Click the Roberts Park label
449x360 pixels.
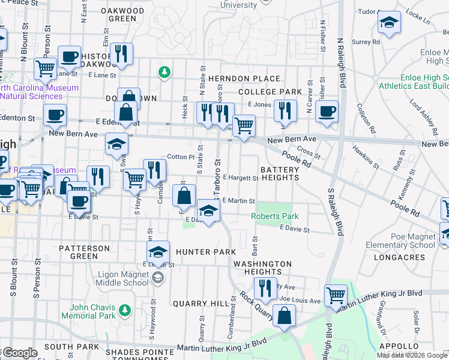tap(274, 216)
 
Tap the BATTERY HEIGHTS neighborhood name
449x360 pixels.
tap(279, 174)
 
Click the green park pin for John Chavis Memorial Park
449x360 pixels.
tap(124, 310)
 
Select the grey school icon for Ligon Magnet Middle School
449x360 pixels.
tap(157, 277)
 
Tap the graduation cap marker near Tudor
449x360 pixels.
tap(389, 23)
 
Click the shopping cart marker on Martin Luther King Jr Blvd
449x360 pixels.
tap(336, 295)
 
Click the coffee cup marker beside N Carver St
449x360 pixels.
tap(327, 111)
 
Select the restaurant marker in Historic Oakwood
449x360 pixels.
tap(122, 53)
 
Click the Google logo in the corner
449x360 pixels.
tap(19, 353)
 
